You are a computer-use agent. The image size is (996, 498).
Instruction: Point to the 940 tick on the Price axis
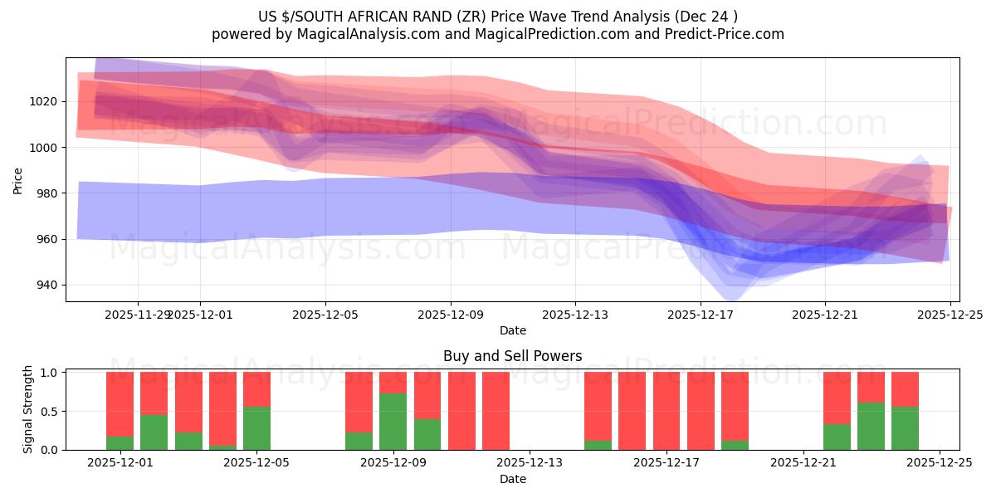click(46, 285)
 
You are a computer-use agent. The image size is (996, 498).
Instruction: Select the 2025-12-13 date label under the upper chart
click(575, 315)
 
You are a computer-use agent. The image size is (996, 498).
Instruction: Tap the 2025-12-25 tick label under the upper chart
click(950, 315)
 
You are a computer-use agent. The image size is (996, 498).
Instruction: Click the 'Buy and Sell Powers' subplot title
click(512, 356)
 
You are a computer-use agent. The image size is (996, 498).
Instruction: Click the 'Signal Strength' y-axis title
click(28, 409)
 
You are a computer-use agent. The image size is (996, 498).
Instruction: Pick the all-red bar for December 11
click(496, 411)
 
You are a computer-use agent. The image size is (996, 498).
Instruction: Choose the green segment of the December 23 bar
click(871, 426)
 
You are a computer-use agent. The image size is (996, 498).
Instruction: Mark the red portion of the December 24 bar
click(905, 388)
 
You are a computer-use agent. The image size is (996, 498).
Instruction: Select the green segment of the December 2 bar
click(154, 432)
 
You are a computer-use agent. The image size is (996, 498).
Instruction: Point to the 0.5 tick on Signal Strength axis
click(50, 411)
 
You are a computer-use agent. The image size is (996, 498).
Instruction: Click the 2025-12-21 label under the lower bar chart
click(803, 463)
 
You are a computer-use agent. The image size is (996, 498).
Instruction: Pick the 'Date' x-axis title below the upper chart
click(512, 330)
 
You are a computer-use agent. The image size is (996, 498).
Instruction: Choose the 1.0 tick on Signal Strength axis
click(50, 373)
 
